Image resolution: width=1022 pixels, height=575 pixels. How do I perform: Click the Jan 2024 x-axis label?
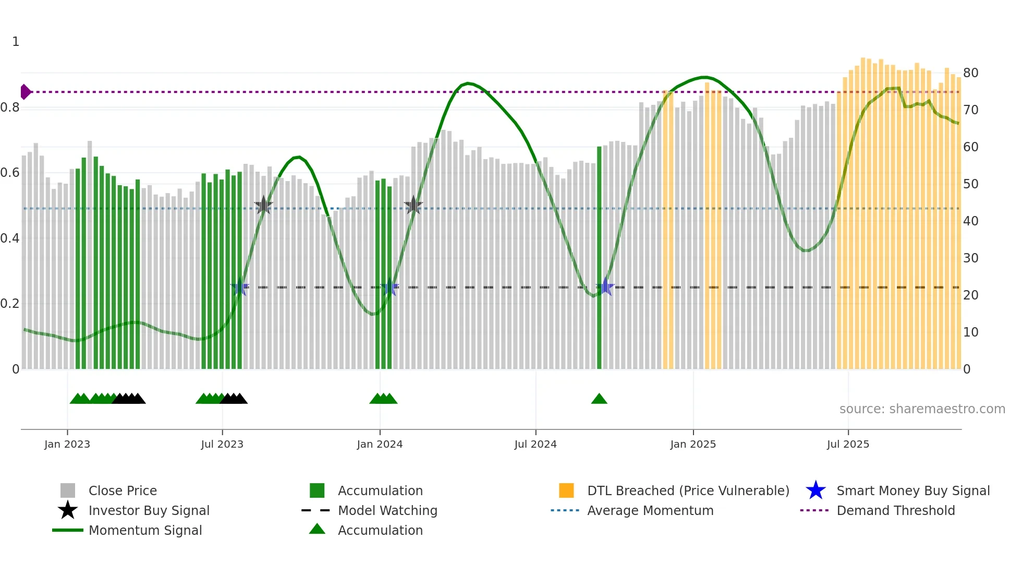[380, 444]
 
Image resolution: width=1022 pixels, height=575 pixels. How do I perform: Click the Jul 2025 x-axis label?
[848, 444]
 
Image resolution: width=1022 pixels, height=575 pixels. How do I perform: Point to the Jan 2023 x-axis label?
[67, 444]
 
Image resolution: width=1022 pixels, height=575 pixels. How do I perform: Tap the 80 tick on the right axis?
[970, 73]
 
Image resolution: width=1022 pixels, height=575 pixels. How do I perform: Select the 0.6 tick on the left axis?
[10, 173]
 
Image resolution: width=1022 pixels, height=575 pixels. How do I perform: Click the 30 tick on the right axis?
[970, 258]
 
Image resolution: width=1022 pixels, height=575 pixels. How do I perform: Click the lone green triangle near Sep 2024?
[599, 399]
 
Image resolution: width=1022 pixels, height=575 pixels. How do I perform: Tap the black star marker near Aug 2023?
[264, 205]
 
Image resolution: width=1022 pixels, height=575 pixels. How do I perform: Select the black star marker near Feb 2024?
[413, 205]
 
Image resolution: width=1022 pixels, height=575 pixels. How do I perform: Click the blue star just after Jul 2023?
[240, 287]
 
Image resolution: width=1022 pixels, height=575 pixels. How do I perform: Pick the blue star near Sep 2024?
[605, 286]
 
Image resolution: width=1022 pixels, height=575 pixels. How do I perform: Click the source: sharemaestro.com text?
[922, 409]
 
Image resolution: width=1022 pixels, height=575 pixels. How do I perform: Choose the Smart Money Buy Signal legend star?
[816, 490]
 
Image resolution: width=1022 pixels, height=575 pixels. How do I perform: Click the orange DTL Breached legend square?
[566, 490]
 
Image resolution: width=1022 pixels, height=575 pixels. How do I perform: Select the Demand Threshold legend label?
[895, 510]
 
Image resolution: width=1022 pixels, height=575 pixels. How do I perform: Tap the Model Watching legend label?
[387, 510]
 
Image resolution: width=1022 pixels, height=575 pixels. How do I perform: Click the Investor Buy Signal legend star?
[68, 510]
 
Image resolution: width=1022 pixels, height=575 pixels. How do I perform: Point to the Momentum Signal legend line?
[68, 530]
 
